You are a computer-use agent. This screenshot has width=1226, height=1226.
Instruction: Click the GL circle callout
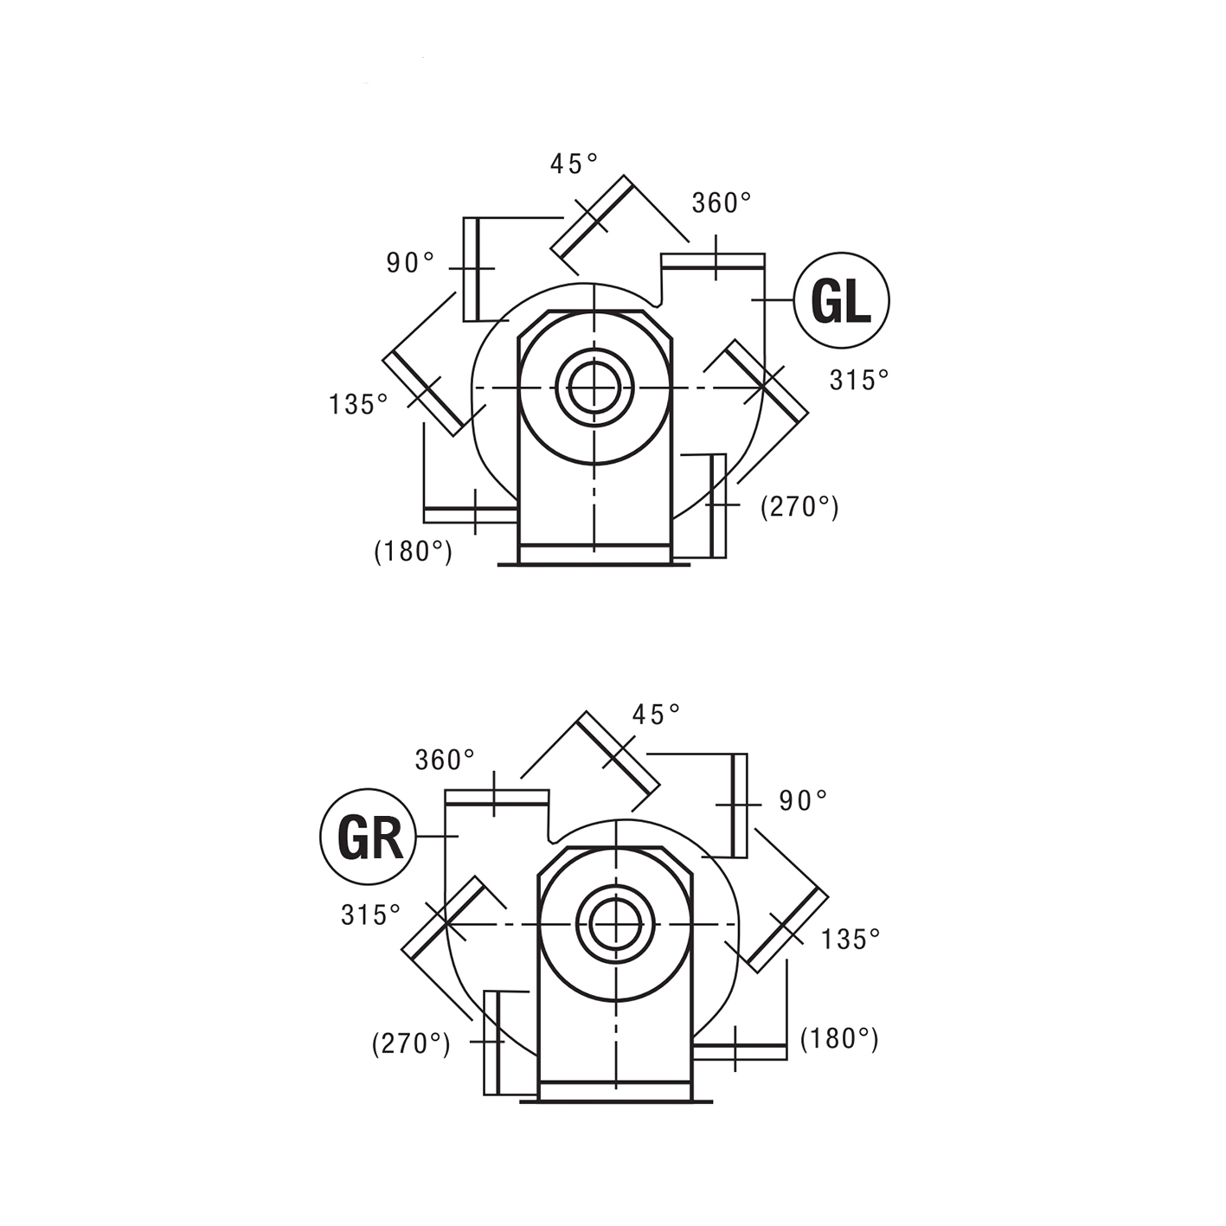(x=841, y=300)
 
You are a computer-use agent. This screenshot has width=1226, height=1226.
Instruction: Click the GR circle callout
(x=368, y=837)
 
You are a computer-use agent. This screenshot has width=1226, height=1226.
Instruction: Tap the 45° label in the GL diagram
(x=574, y=164)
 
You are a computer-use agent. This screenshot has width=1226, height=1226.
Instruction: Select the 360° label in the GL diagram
(x=722, y=203)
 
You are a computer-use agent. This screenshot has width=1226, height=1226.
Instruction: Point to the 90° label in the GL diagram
(x=411, y=262)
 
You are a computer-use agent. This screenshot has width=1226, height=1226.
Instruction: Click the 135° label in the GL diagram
(x=358, y=404)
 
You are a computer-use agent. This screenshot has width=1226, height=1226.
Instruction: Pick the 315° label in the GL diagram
(x=859, y=380)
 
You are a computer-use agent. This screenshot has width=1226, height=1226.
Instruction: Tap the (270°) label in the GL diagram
(x=799, y=507)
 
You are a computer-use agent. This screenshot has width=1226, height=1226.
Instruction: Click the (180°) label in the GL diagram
(x=414, y=551)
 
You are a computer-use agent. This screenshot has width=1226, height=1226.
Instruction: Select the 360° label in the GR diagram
(x=446, y=760)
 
